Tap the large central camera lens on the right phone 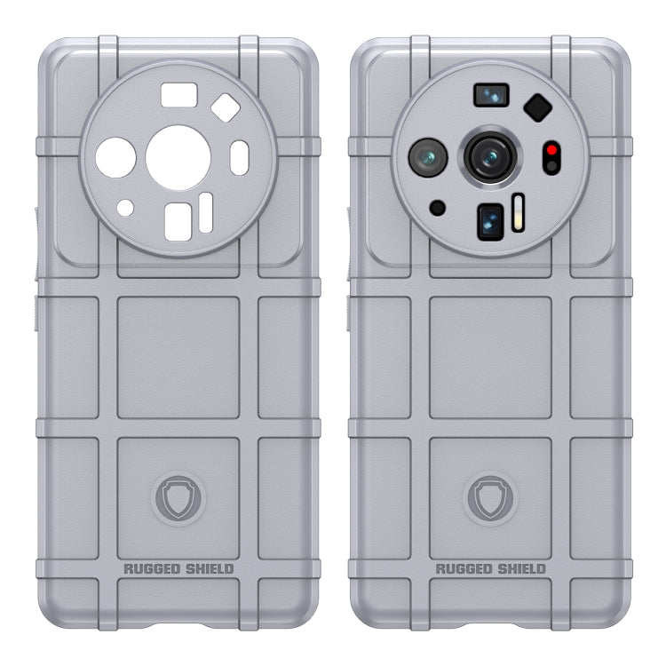[488, 157]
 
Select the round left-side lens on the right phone [426, 158]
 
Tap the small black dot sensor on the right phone [437, 207]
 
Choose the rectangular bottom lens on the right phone [490, 223]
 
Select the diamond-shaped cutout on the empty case [225, 108]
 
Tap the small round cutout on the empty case [126, 207]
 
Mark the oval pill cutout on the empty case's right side [239, 158]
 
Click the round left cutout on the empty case [115, 158]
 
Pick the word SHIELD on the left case [206, 568]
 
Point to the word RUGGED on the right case [464, 568]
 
